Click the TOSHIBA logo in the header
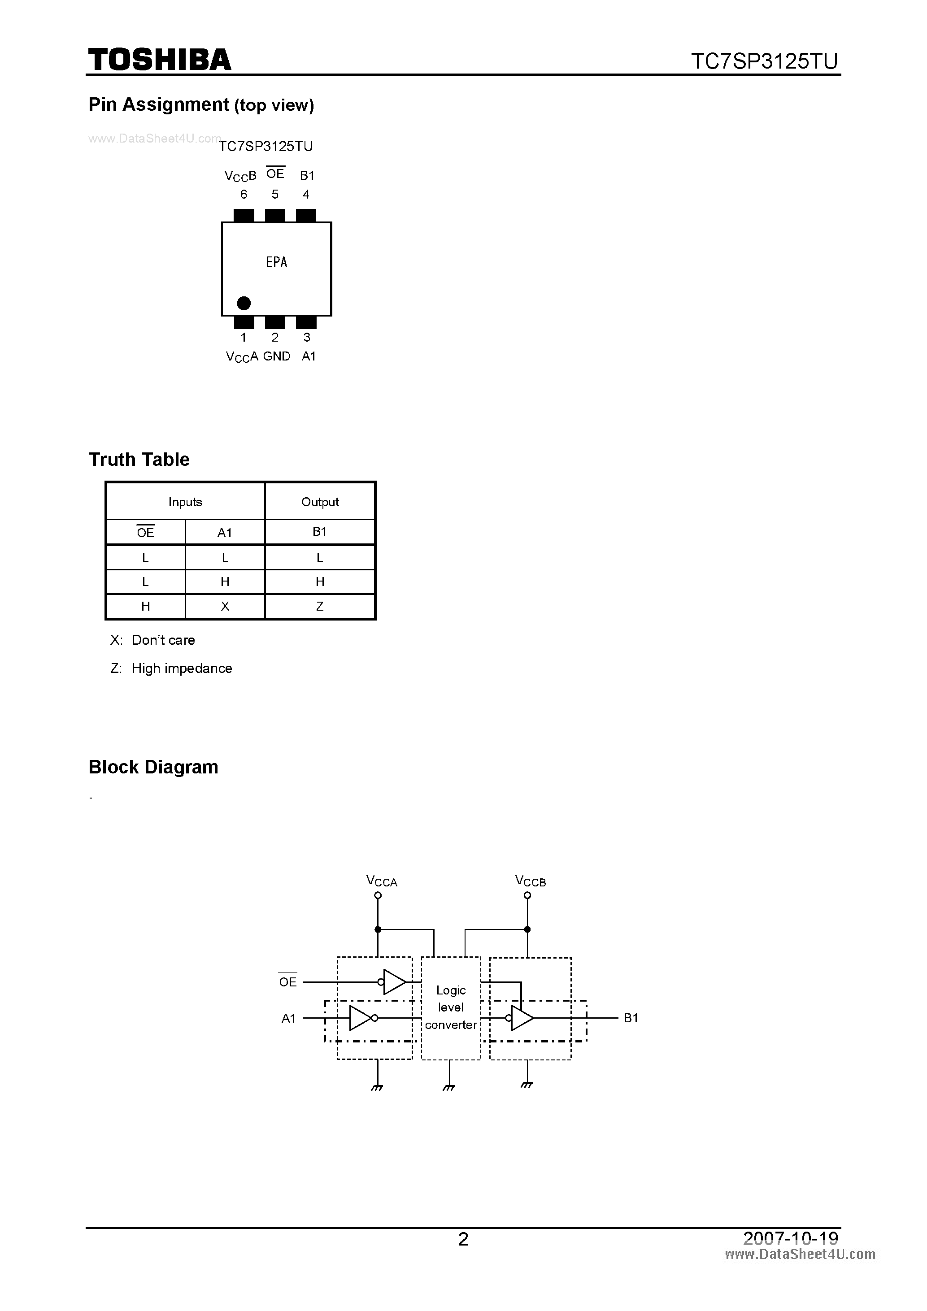(x=159, y=60)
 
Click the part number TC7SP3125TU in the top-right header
(x=764, y=61)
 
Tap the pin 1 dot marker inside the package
(x=244, y=303)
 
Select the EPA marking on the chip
(x=276, y=262)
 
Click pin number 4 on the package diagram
(x=306, y=195)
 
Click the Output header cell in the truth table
(x=320, y=502)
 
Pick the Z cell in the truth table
(x=320, y=606)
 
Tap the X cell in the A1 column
(x=225, y=606)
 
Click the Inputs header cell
(x=185, y=502)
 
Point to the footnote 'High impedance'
(x=182, y=669)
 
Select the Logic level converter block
(x=451, y=1008)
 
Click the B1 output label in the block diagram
(x=631, y=1018)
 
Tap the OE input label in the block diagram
(x=288, y=982)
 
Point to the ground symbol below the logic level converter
(x=449, y=1087)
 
